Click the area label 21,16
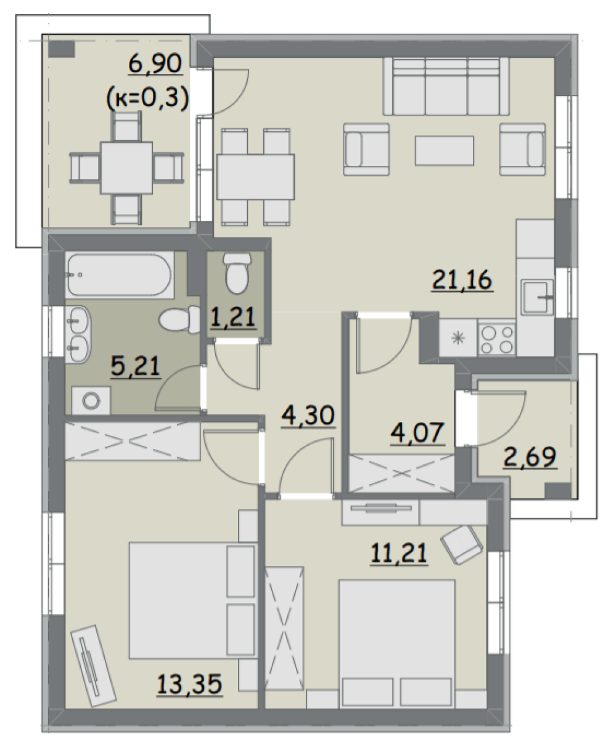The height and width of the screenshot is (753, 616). (x=462, y=280)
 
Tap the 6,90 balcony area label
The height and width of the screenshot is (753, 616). (x=155, y=65)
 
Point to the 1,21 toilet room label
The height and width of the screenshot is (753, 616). (x=233, y=317)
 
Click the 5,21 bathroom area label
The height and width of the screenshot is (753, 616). (x=135, y=367)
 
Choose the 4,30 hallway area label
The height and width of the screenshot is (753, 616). (x=308, y=416)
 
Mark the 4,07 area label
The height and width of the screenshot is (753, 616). (x=417, y=434)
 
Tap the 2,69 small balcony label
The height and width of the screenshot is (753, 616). (x=530, y=457)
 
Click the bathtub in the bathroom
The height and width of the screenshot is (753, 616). (x=120, y=274)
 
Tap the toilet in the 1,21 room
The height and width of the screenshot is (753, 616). (x=237, y=273)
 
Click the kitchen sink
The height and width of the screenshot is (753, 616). (x=537, y=297)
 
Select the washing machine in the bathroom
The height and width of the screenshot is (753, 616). (x=91, y=401)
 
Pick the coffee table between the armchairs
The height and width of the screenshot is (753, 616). (x=444, y=150)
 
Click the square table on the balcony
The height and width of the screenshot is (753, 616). (x=126, y=168)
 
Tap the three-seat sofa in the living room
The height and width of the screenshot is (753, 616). (x=446, y=86)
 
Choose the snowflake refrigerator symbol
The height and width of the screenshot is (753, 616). (x=458, y=338)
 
